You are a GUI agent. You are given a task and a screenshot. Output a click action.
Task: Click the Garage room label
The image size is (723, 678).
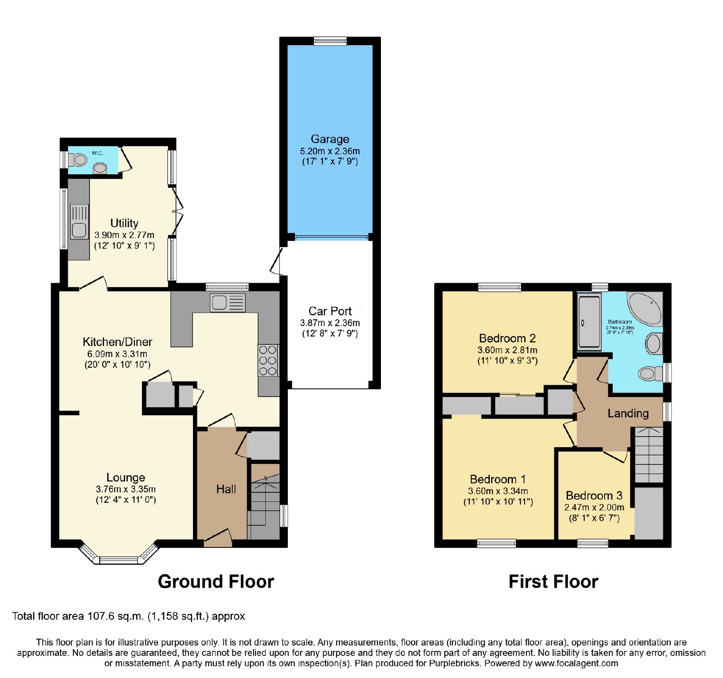click(330, 139)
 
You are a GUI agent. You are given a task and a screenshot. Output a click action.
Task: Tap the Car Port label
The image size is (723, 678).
click(330, 311)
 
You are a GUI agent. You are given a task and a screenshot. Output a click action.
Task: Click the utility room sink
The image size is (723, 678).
click(79, 222)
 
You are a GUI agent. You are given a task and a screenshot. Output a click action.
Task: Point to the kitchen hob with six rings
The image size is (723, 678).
click(268, 360)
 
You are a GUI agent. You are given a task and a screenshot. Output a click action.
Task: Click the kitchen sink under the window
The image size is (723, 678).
click(228, 303)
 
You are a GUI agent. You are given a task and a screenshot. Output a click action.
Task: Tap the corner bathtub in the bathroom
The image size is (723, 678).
click(644, 309)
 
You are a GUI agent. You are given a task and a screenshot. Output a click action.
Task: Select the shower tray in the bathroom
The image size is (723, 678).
click(589, 322)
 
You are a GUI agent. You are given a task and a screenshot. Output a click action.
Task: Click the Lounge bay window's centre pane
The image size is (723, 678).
click(118, 560)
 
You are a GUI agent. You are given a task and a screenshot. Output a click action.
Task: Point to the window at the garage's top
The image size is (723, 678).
click(330, 41)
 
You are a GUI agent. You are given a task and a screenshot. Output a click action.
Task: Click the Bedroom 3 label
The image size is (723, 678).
click(594, 496)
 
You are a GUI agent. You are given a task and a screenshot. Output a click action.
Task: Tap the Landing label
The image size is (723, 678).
click(628, 413)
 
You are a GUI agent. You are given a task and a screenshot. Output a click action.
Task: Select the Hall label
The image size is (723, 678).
click(226, 489)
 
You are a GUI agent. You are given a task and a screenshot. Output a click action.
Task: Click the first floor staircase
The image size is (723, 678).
click(649, 455)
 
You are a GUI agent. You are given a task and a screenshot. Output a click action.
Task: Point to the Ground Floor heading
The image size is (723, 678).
click(216, 582)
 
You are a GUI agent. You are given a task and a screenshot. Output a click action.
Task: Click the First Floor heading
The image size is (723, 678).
click(554, 582)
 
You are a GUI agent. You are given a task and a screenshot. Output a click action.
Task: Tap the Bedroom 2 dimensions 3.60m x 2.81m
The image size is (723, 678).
click(507, 350)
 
